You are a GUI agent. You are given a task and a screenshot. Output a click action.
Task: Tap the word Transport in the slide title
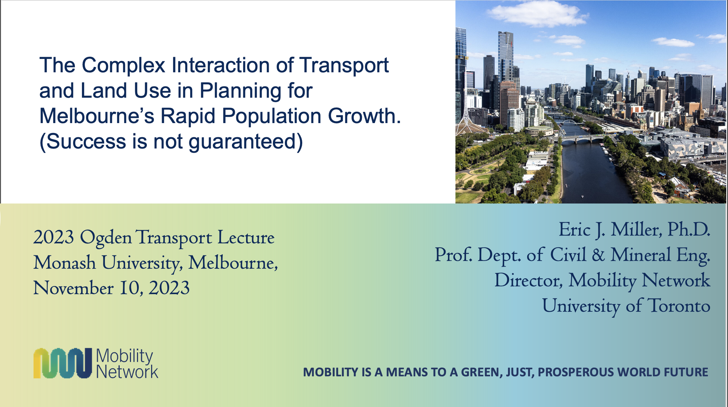point(344,66)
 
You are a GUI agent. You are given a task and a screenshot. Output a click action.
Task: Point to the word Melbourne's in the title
point(97,116)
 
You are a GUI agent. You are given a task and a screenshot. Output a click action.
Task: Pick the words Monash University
point(107,263)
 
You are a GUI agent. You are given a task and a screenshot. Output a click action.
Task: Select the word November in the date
point(73,288)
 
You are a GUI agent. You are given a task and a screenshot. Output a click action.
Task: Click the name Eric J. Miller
point(609,230)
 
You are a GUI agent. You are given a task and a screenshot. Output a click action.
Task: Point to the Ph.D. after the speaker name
point(688,230)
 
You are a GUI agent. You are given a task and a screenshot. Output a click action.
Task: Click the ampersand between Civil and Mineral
point(598,255)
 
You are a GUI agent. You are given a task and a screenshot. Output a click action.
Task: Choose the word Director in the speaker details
point(528,280)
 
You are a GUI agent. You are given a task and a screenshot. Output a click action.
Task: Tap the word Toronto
point(679,306)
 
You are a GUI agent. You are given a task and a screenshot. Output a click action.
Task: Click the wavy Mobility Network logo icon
point(63,363)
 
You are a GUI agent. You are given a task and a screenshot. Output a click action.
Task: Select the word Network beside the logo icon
point(127,372)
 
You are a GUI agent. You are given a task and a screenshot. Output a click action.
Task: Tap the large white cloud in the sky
point(537,13)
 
